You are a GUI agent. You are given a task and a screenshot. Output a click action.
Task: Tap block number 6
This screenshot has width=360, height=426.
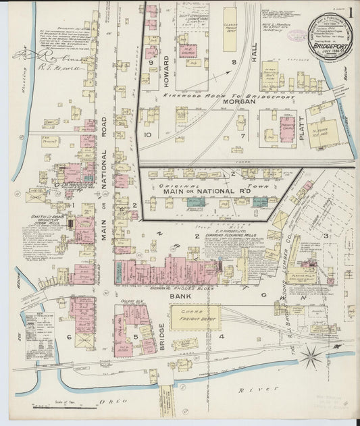69,336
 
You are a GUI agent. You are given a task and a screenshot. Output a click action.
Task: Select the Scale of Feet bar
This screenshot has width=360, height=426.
53,405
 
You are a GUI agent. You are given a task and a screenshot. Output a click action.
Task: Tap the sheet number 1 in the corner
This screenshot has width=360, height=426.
349,12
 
